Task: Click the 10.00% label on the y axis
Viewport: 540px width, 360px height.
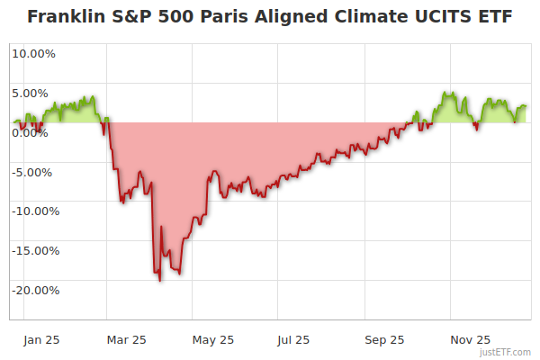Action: (33, 53)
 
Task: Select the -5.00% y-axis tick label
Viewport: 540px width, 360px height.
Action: (34, 172)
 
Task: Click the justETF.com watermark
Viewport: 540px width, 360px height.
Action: (506, 352)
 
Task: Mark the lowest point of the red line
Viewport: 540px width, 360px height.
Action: (160, 281)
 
